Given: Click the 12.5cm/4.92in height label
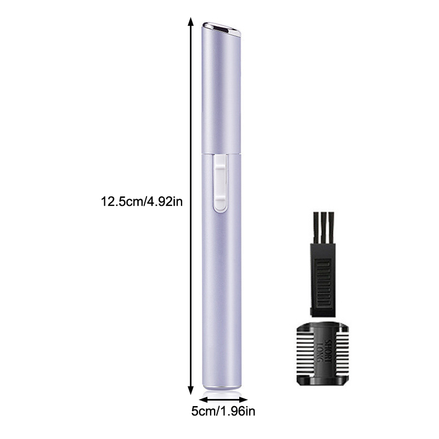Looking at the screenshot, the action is tap(142, 201).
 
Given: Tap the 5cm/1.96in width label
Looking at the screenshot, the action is tap(223, 412).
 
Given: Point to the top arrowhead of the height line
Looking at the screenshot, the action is tap(190, 21).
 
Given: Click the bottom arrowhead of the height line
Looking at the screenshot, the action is tap(190, 390).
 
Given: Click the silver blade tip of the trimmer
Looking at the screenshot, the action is tap(222, 29).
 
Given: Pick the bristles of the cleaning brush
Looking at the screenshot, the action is tap(324, 228).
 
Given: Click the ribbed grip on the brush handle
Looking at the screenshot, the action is tap(323, 283).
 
